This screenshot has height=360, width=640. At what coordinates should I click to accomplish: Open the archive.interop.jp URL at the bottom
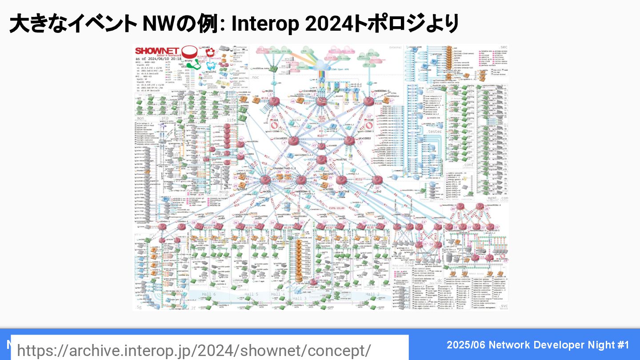tap(194, 350)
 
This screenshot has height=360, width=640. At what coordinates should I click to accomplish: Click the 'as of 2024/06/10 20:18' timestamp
tap(158, 59)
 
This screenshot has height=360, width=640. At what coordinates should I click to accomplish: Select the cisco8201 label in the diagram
tap(284, 139)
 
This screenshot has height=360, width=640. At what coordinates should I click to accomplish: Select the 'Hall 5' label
tap(251, 294)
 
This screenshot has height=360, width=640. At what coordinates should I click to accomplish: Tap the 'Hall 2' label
tap(372, 294)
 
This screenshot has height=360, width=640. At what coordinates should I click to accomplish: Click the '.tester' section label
tap(434, 132)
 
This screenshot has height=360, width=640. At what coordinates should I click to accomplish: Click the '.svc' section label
tap(503, 306)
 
